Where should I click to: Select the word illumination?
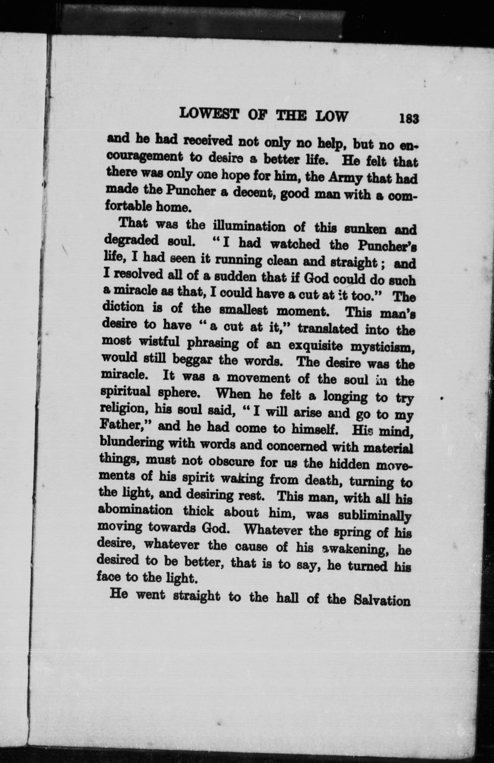tap(249, 227)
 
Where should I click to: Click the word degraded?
tap(131, 241)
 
